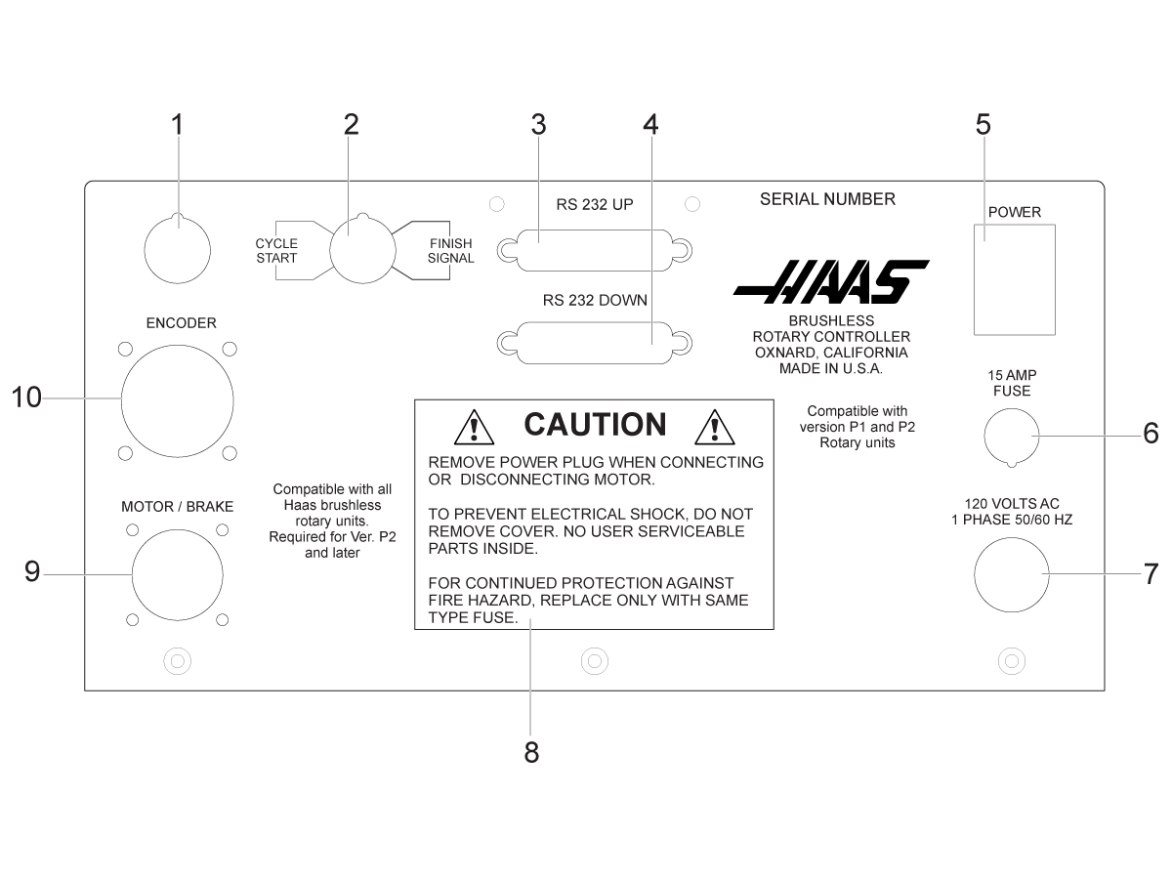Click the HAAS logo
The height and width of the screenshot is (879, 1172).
[831, 282]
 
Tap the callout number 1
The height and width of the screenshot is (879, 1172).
[178, 124]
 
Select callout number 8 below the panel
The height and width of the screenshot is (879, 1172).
[531, 752]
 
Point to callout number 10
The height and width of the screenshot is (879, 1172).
[26, 398]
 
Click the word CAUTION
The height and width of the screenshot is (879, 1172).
[596, 424]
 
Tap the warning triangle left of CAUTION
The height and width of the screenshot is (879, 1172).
[474, 427]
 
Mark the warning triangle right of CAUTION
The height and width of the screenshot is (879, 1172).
[715, 427]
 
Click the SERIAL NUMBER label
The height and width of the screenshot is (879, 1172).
[827, 199]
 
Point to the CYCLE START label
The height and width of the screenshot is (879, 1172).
[276, 251]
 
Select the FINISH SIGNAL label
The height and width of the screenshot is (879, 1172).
[450, 251]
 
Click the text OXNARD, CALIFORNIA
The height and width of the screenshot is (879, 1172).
[831, 353]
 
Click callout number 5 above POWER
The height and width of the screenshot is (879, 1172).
[983, 124]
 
